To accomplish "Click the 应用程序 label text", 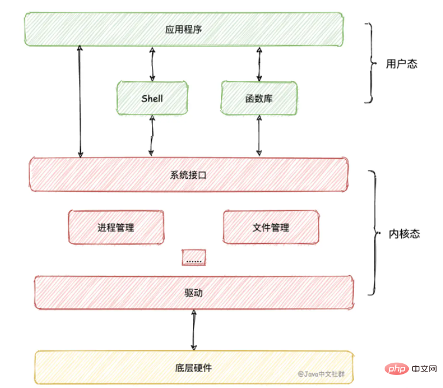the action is pos(184,29).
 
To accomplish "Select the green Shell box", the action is pos(152,98).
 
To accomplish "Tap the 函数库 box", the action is pos(259,98).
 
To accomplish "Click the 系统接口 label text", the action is pos(188,175).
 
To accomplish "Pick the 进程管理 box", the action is pos(116,227).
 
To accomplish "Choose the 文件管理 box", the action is pos(271,227).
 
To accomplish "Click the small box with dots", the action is pos(194,257).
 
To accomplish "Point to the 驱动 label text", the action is pos(194,293).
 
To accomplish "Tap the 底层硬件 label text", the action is pos(194,367).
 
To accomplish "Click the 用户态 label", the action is pos(402,63).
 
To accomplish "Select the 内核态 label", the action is pos(404,234).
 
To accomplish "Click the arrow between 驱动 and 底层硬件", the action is pos(194,330).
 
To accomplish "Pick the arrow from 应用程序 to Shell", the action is pos(152,64).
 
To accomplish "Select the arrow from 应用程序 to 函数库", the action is pos(259,64).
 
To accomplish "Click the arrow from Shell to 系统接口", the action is pos(152,135).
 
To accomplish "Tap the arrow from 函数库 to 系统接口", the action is pos(259,135).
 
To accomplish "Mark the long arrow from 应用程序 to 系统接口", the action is pos(80,102).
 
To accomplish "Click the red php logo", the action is pos(396,369).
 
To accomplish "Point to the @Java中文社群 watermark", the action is pos(321,374).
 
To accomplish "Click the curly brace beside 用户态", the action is pos(372,63).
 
